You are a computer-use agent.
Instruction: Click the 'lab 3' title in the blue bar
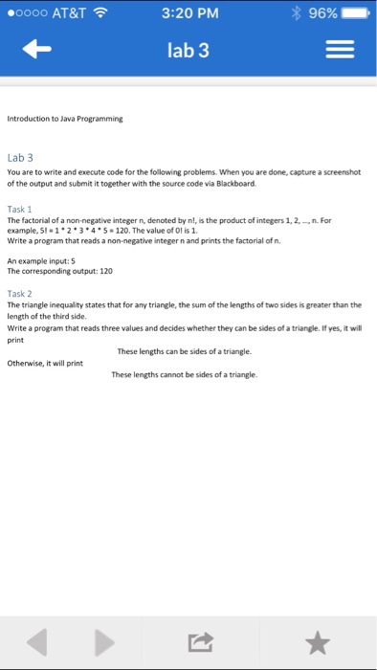[188, 51]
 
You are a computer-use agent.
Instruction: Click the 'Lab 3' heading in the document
[20, 157]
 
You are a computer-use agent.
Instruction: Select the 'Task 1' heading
[20, 207]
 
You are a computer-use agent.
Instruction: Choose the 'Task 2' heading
[20, 293]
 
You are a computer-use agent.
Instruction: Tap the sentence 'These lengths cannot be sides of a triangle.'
[184, 375]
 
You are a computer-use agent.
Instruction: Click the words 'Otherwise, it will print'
[45, 363]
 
